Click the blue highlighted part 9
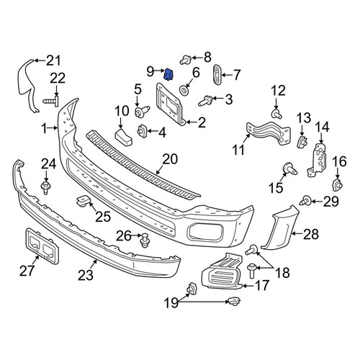[x=169, y=74]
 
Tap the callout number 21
[x=53, y=60]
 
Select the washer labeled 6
[x=184, y=90]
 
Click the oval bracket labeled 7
[x=217, y=74]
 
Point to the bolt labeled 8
[x=186, y=59]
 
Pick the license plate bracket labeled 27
[x=42, y=246]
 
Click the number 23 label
[x=86, y=275]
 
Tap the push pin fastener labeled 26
[x=145, y=240]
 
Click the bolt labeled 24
[x=45, y=187]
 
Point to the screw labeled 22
[x=51, y=102]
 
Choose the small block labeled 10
[x=123, y=138]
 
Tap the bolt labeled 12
[x=276, y=114]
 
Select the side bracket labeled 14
[x=318, y=160]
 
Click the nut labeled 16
[x=338, y=184]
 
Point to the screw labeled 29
[x=305, y=200]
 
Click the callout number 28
[x=311, y=234]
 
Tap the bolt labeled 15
[x=289, y=168]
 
